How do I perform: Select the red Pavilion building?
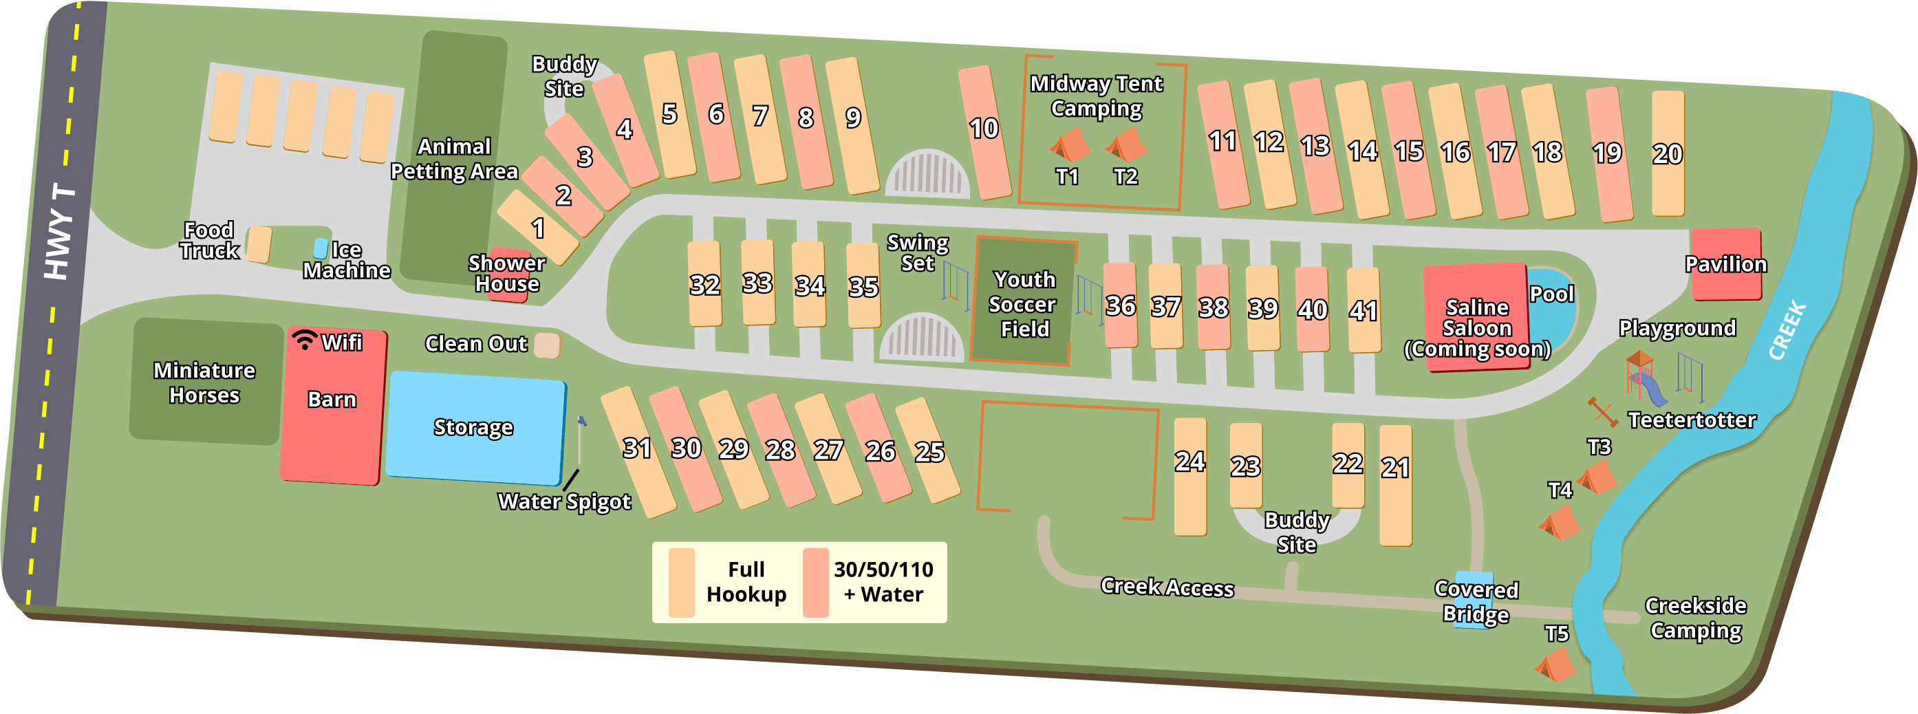(1725, 264)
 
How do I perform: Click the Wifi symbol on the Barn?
(304, 340)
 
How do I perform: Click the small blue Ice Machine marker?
(320, 248)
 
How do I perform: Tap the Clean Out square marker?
(547, 345)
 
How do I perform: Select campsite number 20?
(1667, 153)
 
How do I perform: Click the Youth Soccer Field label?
(1023, 304)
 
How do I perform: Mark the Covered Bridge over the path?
(1474, 600)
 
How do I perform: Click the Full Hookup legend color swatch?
(681, 582)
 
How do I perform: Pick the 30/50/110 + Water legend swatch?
(815, 582)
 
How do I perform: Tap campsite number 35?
(863, 286)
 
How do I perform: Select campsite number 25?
(928, 451)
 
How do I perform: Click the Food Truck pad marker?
(259, 244)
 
